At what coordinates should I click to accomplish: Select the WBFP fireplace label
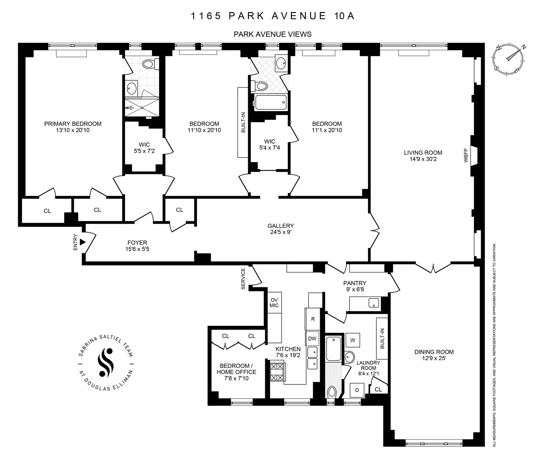466,155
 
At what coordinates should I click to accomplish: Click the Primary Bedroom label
73,124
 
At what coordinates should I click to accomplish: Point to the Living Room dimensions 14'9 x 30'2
423,159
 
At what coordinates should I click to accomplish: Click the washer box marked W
352,340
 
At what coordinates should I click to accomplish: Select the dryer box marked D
357,390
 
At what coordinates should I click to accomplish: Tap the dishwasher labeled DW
312,338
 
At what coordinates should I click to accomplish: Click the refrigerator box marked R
312,319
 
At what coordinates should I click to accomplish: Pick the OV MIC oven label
274,303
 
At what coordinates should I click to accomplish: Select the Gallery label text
280,226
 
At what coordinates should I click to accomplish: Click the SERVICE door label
243,279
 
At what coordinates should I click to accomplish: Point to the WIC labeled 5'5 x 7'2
144,148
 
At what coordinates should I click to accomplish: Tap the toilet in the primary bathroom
149,64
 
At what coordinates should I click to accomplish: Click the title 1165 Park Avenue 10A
272,16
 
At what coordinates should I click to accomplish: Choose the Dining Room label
434,352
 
